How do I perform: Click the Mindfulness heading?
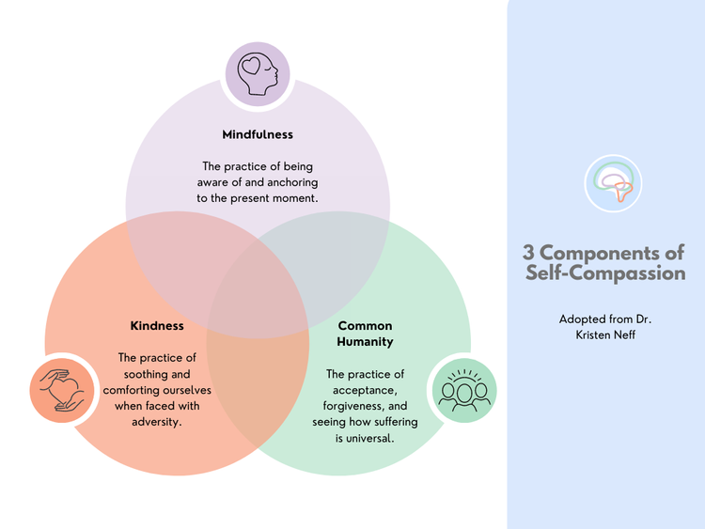click(x=258, y=134)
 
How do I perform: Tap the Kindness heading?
click(x=157, y=326)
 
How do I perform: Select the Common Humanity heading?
click(x=365, y=334)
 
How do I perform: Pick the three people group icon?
click(x=462, y=389)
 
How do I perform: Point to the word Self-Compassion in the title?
click(x=605, y=273)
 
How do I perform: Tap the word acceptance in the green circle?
click(x=365, y=390)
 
